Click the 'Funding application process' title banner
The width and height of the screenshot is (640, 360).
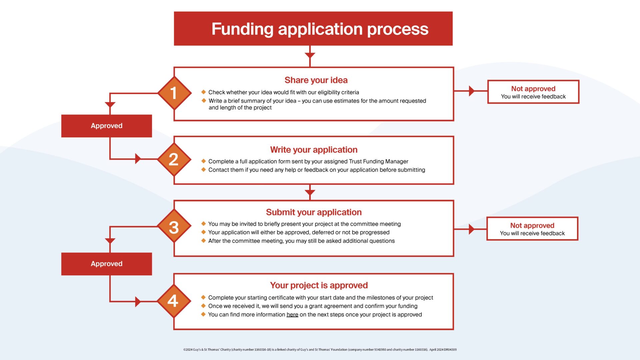pos(313,29)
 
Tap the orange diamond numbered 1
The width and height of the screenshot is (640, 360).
pos(174,93)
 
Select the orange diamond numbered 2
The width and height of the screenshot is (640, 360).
pos(174,159)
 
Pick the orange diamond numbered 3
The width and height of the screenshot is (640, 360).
pos(174,226)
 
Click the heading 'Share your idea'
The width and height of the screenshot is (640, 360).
pos(316,80)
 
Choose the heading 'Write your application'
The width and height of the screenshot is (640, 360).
pos(314,150)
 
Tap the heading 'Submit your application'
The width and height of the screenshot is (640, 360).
pos(314,212)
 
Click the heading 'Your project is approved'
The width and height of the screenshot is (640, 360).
pos(319,285)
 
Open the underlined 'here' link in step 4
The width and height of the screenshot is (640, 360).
pos(292,315)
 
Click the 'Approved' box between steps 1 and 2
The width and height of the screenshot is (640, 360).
pos(107,126)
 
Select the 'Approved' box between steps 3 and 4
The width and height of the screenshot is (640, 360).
pos(107,264)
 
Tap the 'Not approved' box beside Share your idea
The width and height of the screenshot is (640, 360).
pos(533,92)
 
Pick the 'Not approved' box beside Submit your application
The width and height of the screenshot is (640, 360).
pos(532,229)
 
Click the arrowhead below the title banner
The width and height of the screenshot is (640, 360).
pos(310,55)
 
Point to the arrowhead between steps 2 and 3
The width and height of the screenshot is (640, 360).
pos(310,193)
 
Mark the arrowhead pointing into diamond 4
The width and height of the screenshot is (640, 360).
pos(138,302)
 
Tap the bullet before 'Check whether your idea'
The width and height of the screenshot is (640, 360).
pos(204,92)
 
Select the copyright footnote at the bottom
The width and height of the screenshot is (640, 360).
pos(320,350)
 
